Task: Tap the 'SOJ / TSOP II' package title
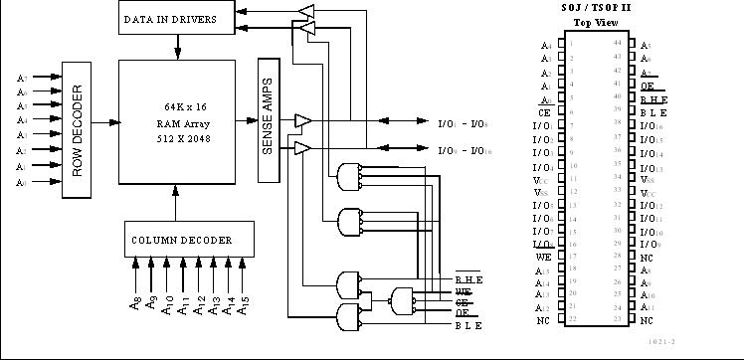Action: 596,9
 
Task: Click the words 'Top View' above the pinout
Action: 596,23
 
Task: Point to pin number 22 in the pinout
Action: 571,320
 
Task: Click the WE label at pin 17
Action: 544,258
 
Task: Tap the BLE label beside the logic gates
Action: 468,325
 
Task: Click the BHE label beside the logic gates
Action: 468,278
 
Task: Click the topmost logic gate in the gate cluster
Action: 349,176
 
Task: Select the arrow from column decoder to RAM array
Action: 177,209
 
